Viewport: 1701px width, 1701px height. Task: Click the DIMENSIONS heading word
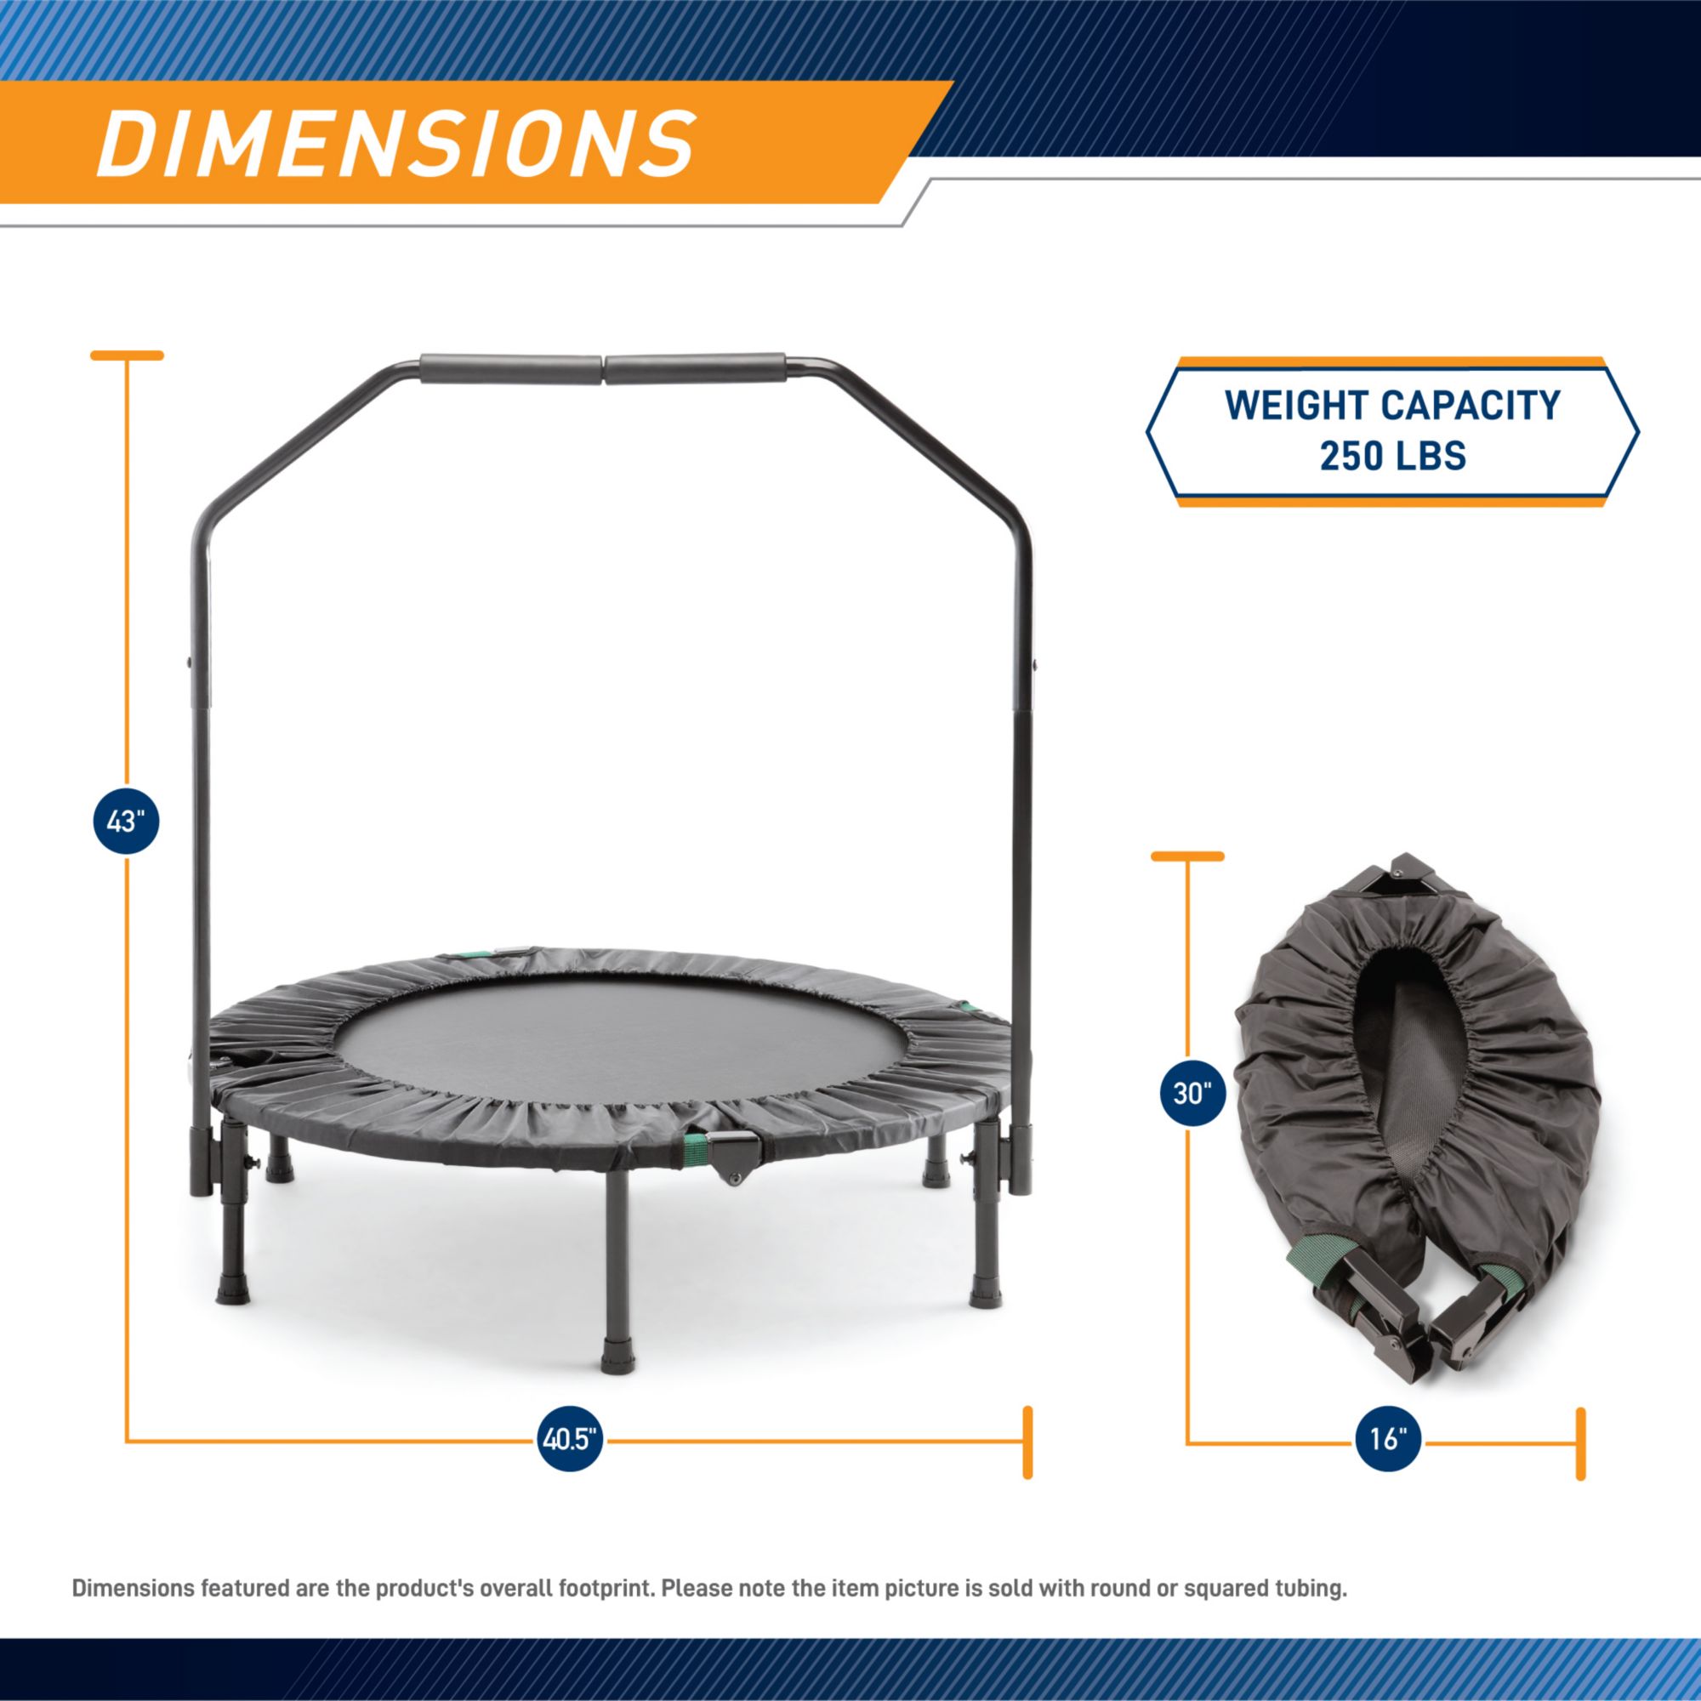point(396,143)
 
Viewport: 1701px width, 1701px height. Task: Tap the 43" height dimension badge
point(126,822)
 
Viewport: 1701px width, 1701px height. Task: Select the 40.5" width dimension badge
point(571,1441)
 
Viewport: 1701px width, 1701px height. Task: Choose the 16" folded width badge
point(1387,1441)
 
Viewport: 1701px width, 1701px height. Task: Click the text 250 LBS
point(1393,456)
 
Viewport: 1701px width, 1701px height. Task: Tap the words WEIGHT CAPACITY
point(1393,405)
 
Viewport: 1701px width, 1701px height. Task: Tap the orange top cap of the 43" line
point(128,356)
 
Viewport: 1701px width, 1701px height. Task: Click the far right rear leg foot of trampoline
point(985,1295)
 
